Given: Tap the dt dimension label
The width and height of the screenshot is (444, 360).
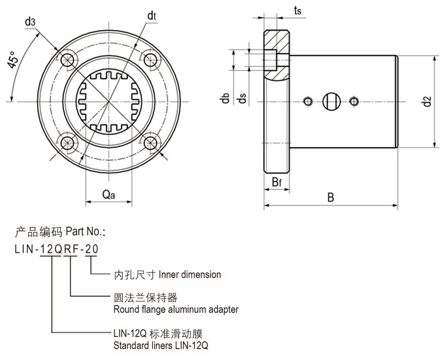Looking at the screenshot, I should point(152,15).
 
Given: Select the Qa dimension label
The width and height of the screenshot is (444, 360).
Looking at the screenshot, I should point(108,196).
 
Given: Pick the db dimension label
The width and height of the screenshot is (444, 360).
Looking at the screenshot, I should point(224,98).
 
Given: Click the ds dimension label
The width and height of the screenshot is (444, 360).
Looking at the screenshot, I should point(242,98).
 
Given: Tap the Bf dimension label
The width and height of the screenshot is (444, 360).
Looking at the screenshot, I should point(276,184).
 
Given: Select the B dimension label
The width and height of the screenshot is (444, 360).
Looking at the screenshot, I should point(331,198).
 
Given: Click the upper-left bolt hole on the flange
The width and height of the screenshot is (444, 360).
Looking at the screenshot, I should point(67,58).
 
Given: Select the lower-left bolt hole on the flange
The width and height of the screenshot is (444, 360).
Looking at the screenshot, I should point(67,143).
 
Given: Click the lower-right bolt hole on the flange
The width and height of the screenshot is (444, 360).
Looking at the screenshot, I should point(151,143).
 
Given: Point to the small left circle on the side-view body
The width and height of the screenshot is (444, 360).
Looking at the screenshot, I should point(308,100).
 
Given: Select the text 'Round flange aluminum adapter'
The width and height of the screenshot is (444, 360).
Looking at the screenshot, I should point(175,309).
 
